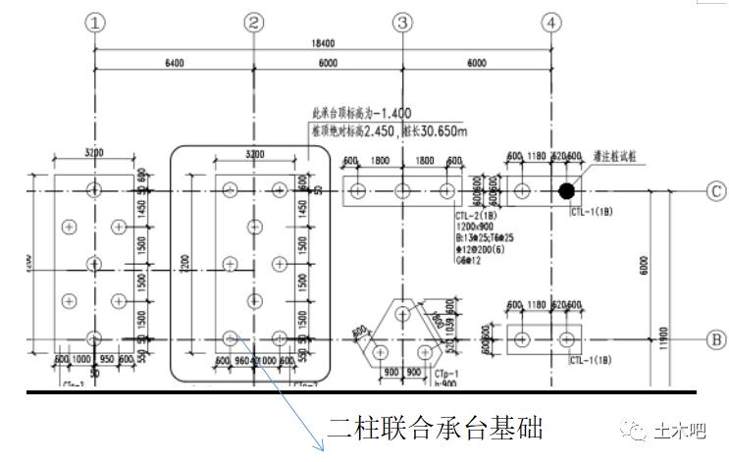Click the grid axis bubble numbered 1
pos(95,22)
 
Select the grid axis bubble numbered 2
pos(254,22)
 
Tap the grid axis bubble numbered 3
pos(403,22)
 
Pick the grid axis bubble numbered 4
pos(552,22)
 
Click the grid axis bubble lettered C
pos(716,190)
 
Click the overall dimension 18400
pos(324,42)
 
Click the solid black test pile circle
pos(566,190)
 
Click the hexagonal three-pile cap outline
pos(403,334)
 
